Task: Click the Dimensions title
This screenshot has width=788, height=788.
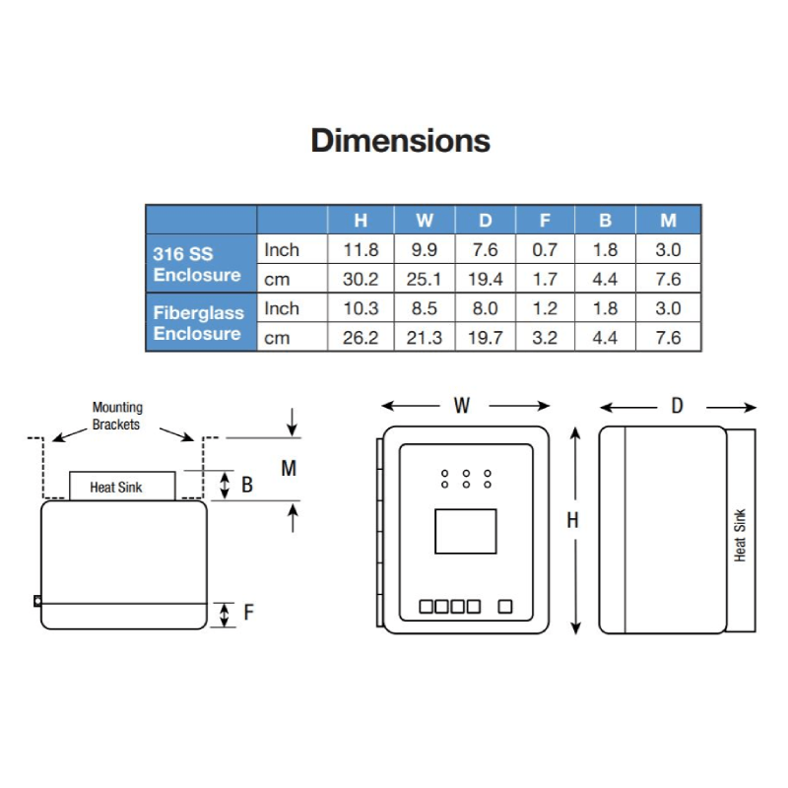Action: coord(401,140)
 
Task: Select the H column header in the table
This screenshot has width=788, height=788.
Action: coord(361,220)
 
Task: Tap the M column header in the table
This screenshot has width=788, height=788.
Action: coord(668,220)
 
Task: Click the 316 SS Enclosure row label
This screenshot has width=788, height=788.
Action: coord(197,264)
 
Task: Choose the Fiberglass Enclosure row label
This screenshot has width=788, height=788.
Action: coord(199,323)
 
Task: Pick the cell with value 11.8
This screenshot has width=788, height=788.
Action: coord(361,249)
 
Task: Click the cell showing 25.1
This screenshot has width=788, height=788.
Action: coord(424,279)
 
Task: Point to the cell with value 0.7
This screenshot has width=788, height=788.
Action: coord(545,249)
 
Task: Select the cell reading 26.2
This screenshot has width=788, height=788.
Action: coord(361,337)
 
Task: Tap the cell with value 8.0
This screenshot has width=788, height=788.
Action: coord(485,308)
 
